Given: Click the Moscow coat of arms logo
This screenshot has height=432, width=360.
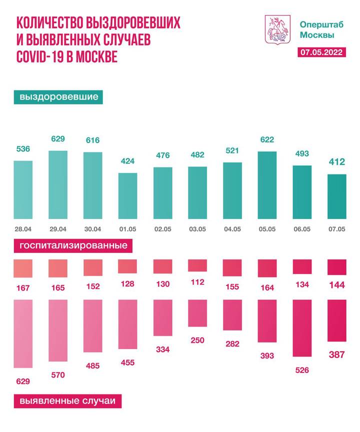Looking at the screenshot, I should tap(276, 30).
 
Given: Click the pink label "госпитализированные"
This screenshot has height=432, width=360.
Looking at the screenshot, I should tap(73, 246).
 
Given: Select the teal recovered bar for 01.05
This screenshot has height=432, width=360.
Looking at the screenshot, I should tap(127, 196).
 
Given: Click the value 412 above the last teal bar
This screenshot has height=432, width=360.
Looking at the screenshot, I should tap(336, 162).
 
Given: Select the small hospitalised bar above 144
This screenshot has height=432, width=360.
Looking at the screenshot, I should tap(336, 267).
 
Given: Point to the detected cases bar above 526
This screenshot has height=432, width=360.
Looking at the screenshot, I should tap(301, 328).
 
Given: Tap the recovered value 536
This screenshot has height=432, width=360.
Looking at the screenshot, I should tap(22, 148).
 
